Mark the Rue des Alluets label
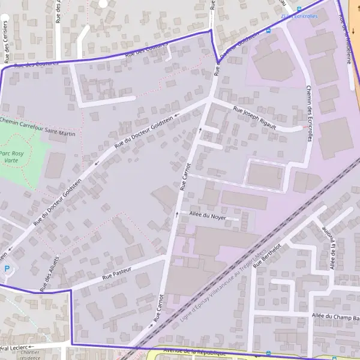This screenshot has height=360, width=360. (x=50, y=274)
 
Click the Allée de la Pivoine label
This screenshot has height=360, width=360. (x=329, y=248)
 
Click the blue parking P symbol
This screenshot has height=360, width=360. (x=7, y=269)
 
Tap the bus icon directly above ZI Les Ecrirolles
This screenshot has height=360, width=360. (x=298, y=8)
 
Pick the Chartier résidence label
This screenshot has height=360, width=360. (x=29, y=355)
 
